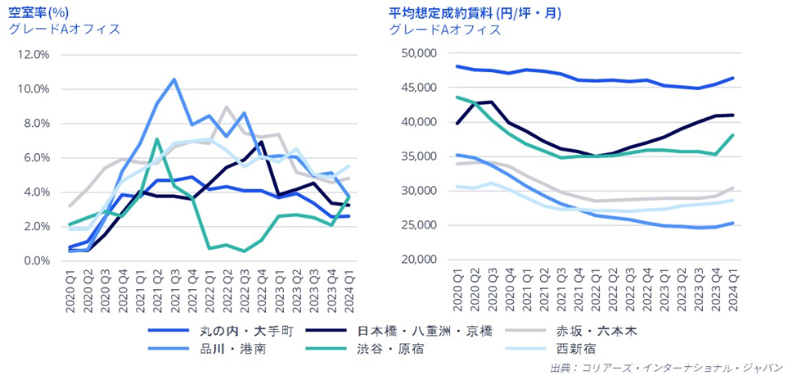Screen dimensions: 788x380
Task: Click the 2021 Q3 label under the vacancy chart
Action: point(174,291)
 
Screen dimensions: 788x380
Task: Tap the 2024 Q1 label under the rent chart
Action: point(732,291)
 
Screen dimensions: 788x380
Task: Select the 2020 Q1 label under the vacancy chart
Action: point(70,291)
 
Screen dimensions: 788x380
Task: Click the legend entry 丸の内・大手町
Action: point(220,331)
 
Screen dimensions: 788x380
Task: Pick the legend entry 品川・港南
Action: point(210,348)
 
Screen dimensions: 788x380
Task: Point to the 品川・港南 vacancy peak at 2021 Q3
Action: point(174,79)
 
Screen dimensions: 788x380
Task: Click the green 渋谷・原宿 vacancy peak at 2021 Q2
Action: point(157,138)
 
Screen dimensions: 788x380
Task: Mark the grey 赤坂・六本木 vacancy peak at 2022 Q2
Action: point(227,106)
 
